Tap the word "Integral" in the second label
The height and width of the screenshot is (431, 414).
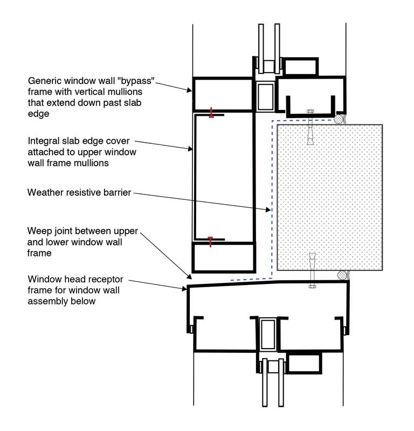click(44, 141)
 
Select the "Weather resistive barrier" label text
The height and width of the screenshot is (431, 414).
click(79, 192)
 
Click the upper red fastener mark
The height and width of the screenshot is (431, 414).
click(211, 113)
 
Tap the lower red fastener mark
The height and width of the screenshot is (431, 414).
click(210, 242)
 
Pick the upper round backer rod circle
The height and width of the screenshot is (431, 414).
click(339, 119)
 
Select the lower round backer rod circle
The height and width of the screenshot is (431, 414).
click(342, 275)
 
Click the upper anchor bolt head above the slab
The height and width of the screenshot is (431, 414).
click(310, 112)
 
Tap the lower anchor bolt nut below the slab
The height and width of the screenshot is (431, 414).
click(312, 287)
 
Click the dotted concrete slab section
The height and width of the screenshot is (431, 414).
click(330, 197)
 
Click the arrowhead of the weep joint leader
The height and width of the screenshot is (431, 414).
click(189, 276)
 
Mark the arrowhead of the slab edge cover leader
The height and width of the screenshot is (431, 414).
click(190, 149)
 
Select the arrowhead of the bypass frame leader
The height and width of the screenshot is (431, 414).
click(189, 90)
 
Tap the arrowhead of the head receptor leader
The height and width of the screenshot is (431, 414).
click(184, 289)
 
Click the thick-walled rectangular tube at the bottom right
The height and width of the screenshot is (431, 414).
click(304, 363)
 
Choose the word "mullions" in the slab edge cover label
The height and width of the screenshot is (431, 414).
click(92, 163)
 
